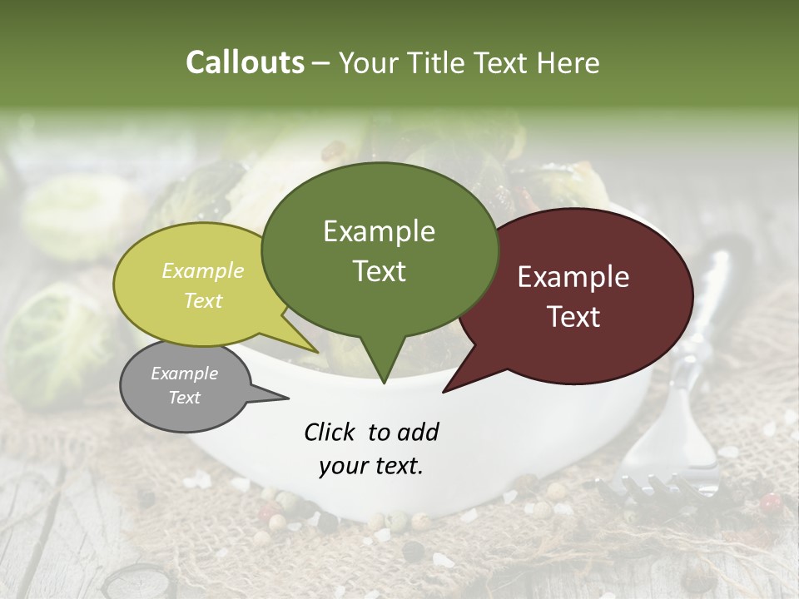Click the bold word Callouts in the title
(245, 62)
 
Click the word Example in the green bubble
(379, 231)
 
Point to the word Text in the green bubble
(379, 271)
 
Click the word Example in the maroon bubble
(573, 277)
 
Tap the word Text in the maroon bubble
(573, 317)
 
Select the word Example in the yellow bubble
(202, 270)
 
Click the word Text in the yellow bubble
(202, 300)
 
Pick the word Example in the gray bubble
(184, 374)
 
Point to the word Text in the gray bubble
(184, 398)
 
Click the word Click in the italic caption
(330, 432)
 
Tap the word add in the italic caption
(416, 432)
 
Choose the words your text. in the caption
(370, 466)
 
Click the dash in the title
(322, 63)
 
